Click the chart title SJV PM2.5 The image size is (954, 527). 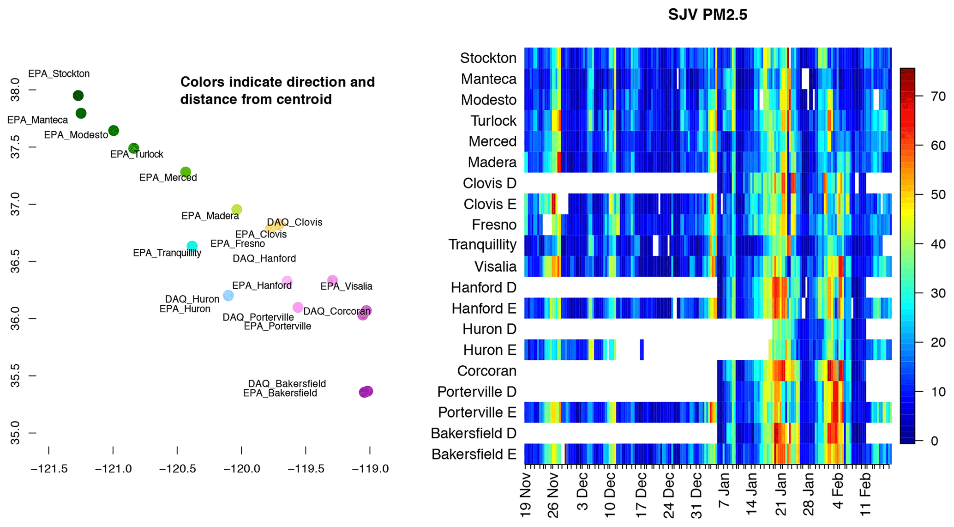[x=707, y=15]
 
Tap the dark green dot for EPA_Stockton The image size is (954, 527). [x=78, y=96]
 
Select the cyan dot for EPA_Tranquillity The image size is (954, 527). [x=192, y=246]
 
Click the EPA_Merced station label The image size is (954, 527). [x=168, y=178]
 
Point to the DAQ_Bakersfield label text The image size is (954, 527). [x=287, y=383]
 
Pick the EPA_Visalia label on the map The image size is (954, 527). [x=346, y=286]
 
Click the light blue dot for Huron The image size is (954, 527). [x=228, y=296]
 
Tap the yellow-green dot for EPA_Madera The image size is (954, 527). [x=236, y=210]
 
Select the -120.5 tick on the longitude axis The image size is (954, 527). [x=177, y=469]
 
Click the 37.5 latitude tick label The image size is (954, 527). [x=15, y=147]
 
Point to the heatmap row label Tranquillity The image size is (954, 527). [x=482, y=245]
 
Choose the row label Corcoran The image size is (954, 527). [x=486, y=371]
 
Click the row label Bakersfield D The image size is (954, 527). [x=473, y=433]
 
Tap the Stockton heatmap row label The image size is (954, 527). [x=488, y=58]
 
